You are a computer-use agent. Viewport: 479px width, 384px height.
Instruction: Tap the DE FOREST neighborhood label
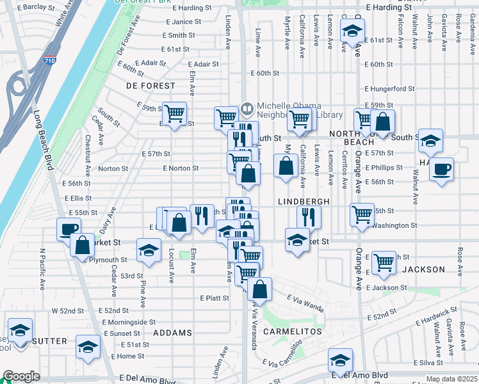pos(150,85)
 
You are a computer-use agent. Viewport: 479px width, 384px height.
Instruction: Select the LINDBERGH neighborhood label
pos(304,202)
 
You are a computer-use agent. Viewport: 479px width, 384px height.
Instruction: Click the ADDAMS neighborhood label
pos(173,333)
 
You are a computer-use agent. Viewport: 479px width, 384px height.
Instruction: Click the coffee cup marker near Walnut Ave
pos(441,170)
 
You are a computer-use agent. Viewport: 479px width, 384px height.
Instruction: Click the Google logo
pos(21,377)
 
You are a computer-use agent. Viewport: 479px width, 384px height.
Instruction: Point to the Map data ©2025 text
pos(451,379)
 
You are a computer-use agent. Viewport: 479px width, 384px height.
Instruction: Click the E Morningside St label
pos(129,322)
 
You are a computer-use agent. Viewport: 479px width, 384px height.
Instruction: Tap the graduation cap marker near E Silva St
pos(340,360)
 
